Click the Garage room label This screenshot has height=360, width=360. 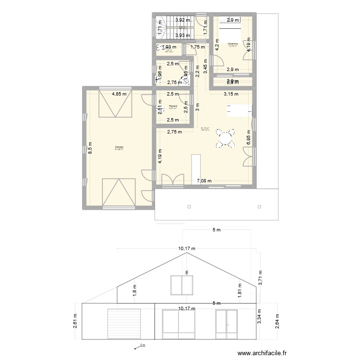(x=119, y=146)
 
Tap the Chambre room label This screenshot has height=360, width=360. (x=233, y=44)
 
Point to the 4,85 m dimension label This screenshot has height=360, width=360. (x=120, y=94)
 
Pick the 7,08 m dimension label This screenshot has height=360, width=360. (x=205, y=181)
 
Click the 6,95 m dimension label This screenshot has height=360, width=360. (x=249, y=138)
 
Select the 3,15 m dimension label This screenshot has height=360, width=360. (x=230, y=94)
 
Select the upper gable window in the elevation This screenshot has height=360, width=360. (x=182, y=285)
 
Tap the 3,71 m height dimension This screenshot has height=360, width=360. (x=261, y=277)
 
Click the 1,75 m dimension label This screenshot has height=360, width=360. (x=198, y=47)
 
